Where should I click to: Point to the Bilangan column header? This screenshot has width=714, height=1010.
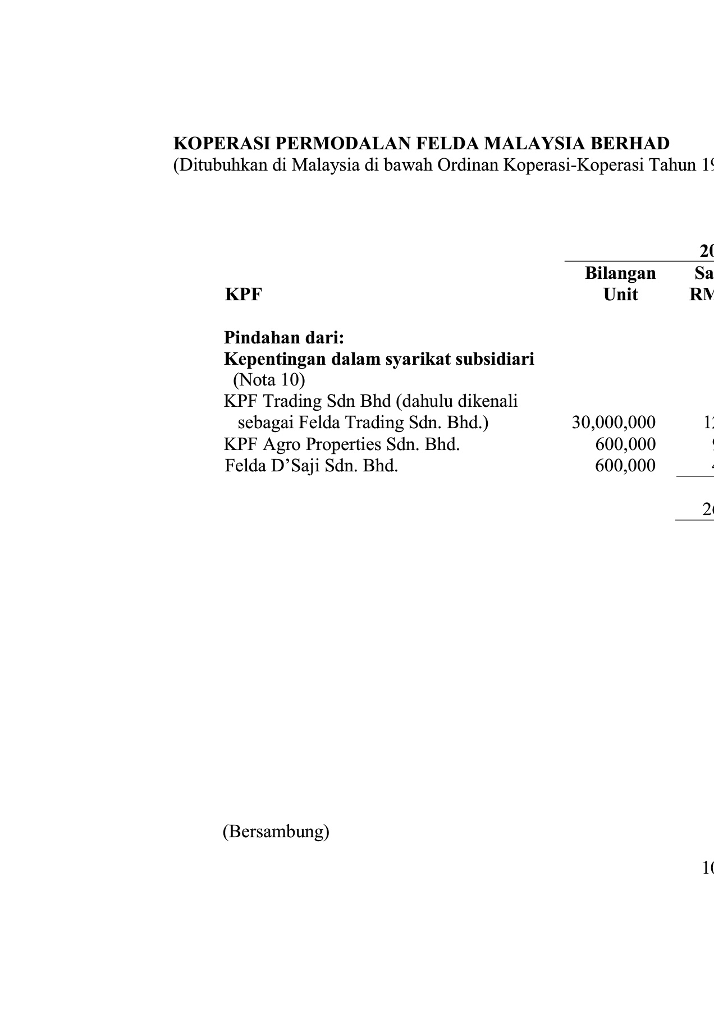[x=620, y=273]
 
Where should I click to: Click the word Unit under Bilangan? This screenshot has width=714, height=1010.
[x=620, y=295]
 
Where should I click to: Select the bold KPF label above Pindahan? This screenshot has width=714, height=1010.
[x=243, y=295]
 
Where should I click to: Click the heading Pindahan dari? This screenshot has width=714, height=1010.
[x=283, y=338]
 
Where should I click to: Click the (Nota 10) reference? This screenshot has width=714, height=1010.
[x=269, y=380]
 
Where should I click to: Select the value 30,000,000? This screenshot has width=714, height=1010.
[x=614, y=423]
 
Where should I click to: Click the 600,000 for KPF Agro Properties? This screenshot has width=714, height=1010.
[x=625, y=444]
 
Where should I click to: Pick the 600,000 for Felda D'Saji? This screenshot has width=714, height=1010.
[x=625, y=466]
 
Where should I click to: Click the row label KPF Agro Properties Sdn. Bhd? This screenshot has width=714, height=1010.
[x=342, y=444]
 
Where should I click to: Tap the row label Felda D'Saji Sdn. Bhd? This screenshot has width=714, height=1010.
[x=311, y=466]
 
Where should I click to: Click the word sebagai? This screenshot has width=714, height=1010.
[x=266, y=423]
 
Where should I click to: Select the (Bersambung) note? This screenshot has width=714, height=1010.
[x=276, y=832]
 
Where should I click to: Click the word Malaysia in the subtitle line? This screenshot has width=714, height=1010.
[x=323, y=166]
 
